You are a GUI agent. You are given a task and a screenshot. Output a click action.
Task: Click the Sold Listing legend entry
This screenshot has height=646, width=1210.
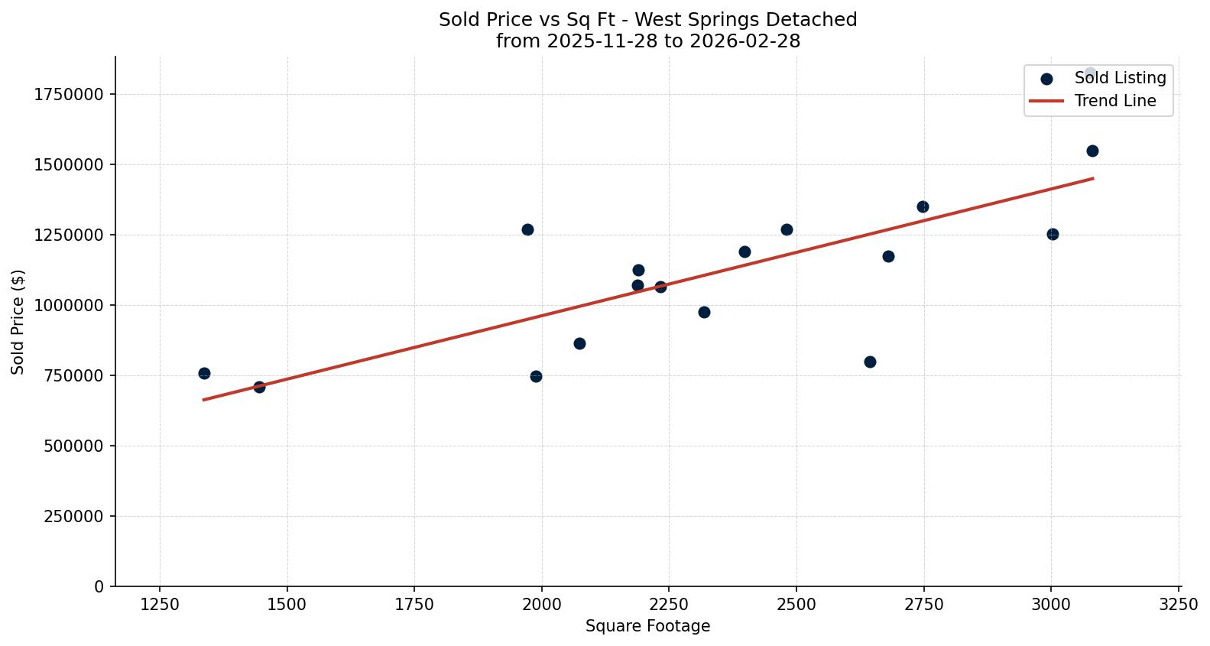click(x=1120, y=78)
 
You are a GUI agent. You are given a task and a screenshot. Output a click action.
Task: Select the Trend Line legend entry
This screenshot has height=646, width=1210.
click(x=1114, y=101)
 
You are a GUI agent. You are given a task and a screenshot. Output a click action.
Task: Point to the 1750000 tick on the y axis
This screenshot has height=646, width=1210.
click(x=69, y=94)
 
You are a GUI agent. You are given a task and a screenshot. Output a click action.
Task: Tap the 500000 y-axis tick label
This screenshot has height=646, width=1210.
click(x=73, y=446)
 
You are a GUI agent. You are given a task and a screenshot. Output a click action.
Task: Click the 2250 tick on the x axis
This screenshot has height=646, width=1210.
click(x=669, y=605)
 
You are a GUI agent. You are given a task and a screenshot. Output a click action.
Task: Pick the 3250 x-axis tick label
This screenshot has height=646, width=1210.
click(x=1178, y=605)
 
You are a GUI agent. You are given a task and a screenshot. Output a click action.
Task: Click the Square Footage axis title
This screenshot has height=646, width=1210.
click(x=647, y=627)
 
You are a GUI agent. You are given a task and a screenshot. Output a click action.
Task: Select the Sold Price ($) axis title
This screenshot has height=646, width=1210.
click(x=18, y=322)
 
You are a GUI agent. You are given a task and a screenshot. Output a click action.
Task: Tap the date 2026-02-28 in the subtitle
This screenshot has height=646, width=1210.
click(x=744, y=41)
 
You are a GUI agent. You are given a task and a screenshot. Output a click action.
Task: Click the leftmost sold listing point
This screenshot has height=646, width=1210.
click(x=204, y=373)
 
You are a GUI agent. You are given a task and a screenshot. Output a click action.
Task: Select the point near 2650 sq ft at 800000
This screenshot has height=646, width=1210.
click(x=870, y=362)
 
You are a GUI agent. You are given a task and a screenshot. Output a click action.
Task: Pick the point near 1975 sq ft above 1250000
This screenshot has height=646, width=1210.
click(x=527, y=229)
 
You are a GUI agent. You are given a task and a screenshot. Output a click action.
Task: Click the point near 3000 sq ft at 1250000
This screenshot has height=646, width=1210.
click(x=1053, y=234)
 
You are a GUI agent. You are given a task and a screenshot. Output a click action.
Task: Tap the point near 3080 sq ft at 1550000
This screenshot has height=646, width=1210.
click(x=1092, y=151)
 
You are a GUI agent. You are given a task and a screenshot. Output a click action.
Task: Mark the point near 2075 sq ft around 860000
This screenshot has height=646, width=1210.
click(x=579, y=343)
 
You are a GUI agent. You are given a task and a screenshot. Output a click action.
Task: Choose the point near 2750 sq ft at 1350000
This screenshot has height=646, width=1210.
click(x=923, y=206)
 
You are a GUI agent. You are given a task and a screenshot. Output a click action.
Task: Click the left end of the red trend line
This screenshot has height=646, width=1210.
click(x=204, y=399)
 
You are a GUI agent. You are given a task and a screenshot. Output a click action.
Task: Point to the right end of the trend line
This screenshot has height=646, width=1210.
click(x=1092, y=179)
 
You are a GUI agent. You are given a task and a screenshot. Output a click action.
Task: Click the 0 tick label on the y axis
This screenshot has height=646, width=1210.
click(x=99, y=586)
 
